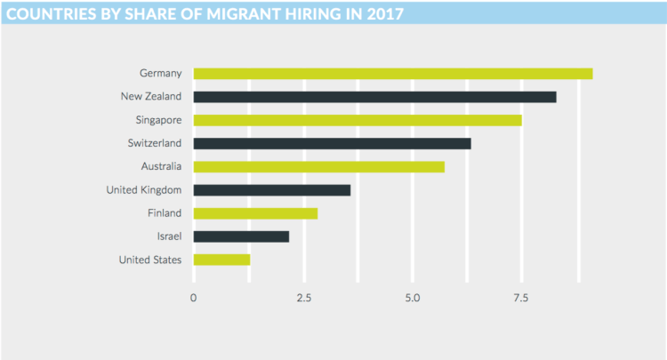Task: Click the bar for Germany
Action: [392, 74]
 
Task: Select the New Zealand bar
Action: [374, 97]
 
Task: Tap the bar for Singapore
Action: [357, 120]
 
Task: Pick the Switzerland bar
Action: [332, 143]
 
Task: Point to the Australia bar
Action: [318, 166]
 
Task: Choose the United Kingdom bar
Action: [271, 189]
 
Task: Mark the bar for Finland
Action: [255, 213]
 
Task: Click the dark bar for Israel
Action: [241, 236]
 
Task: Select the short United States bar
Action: [221, 260]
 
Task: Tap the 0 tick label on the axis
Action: [194, 298]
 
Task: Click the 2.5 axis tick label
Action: [303, 298]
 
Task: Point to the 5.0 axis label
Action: [413, 298]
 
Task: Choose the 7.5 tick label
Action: [522, 298]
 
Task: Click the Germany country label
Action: [160, 73]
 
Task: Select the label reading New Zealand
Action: [150, 96]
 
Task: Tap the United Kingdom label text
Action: [143, 189]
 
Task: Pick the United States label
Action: [149, 260]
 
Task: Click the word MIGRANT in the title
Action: [239, 13]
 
